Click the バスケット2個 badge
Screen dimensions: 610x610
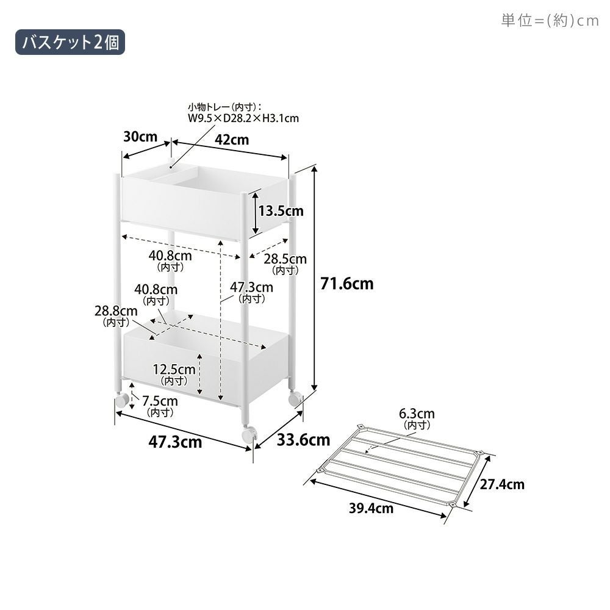[70, 42]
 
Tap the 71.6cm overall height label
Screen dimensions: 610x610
[346, 284]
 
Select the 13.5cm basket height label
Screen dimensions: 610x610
[281, 211]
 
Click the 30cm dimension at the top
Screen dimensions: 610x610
[140, 137]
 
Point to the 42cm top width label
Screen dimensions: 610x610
[232, 140]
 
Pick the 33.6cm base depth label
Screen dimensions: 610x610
[303, 440]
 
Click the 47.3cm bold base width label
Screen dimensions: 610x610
[175, 442]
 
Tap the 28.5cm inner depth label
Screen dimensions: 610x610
[285, 264]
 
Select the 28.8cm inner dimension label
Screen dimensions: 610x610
[116, 316]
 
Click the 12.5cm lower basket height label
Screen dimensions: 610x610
[174, 374]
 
